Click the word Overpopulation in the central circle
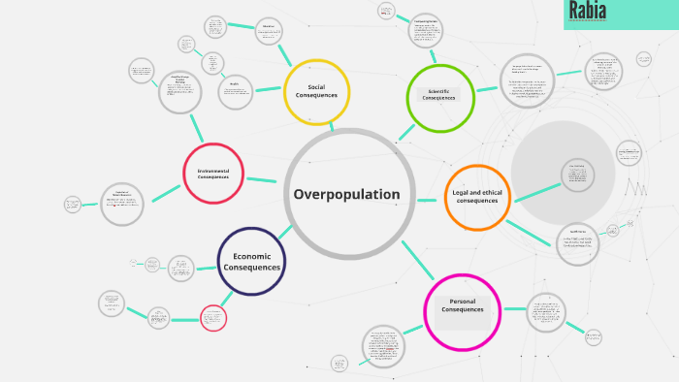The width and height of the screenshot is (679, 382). click(346, 194)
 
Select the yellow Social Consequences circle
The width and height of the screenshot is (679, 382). click(316, 92)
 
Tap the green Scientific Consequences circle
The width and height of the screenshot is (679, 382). click(439, 96)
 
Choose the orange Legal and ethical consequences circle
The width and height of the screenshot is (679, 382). click(477, 197)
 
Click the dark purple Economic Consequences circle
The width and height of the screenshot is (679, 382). click(252, 261)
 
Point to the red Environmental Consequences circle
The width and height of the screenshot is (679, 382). click(213, 174)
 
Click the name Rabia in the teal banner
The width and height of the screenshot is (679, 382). click(589, 11)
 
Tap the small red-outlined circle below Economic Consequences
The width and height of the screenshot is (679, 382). click(213, 317)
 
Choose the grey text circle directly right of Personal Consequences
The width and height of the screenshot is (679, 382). click(546, 312)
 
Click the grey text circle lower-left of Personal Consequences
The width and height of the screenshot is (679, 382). click(383, 346)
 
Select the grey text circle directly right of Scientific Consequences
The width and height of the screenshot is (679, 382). click(527, 80)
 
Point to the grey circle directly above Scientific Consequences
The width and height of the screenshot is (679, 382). click(426, 30)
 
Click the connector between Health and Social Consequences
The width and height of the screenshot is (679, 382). click(269, 89)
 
